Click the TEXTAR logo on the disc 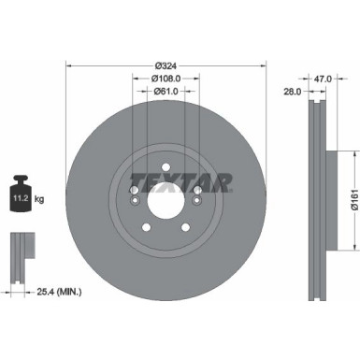(179, 181)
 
